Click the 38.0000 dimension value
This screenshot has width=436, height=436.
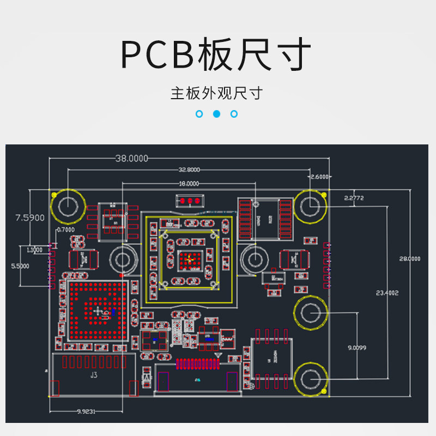pos(131,159)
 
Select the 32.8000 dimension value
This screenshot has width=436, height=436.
pos(189,170)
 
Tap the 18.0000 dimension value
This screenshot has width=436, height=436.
pos(189,184)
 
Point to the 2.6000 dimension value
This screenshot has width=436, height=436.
pos(319,177)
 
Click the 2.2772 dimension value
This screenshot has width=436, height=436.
pos(354,198)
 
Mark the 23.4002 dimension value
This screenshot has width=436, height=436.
pos(387,293)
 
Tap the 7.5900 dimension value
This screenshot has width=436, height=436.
pos(30,218)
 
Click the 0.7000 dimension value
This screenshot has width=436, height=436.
pos(65,230)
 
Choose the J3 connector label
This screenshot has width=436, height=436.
pos(94,375)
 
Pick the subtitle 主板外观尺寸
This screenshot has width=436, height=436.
pos(216,93)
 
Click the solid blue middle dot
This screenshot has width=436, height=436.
pos(216,114)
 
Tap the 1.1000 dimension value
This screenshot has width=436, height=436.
pos(34,250)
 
